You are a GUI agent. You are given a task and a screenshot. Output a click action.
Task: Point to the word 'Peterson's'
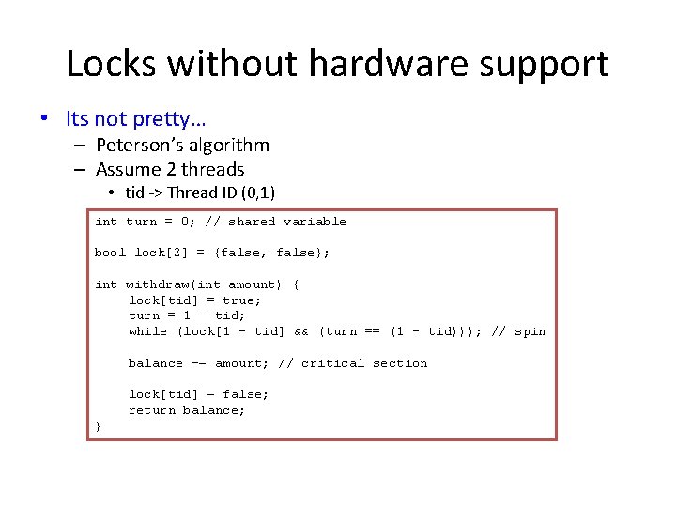click(x=141, y=145)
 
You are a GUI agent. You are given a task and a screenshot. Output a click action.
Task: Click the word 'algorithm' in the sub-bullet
click(x=229, y=145)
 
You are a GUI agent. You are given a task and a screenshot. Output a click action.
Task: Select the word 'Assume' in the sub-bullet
click(x=132, y=170)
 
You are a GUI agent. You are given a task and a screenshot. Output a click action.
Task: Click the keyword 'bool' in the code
click(x=110, y=253)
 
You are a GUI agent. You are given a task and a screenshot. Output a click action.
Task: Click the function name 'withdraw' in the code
click(x=157, y=284)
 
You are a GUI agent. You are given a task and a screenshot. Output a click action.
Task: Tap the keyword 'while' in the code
click(x=148, y=331)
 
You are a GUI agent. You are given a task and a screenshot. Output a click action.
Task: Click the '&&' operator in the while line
click(x=301, y=331)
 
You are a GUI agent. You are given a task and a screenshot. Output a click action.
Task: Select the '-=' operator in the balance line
click(x=199, y=363)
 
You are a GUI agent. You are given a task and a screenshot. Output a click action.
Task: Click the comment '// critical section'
click(x=353, y=363)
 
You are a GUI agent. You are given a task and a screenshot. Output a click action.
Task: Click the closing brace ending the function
click(x=98, y=426)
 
